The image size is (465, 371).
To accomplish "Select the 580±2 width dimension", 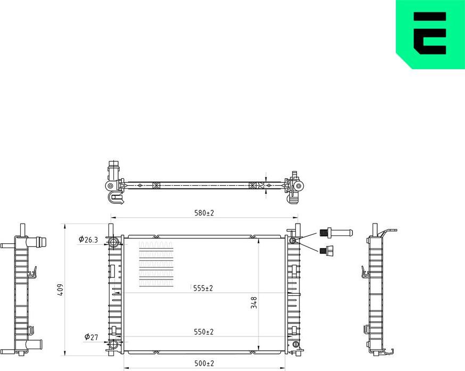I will click(203, 213).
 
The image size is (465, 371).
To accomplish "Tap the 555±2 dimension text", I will click(203, 288).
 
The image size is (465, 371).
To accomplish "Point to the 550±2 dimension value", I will click(203, 332).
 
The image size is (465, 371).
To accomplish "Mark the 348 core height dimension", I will click(254, 303).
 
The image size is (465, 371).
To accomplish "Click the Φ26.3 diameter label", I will click(88, 240).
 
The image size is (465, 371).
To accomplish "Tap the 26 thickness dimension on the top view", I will click(261, 186).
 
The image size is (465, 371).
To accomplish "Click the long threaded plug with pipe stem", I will click(336, 232).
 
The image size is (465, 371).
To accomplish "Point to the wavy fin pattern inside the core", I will click(156, 263).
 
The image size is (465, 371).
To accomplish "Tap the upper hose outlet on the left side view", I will click(38, 242).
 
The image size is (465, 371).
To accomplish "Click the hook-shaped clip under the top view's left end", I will click(115, 198).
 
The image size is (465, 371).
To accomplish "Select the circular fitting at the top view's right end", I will click(298, 186).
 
